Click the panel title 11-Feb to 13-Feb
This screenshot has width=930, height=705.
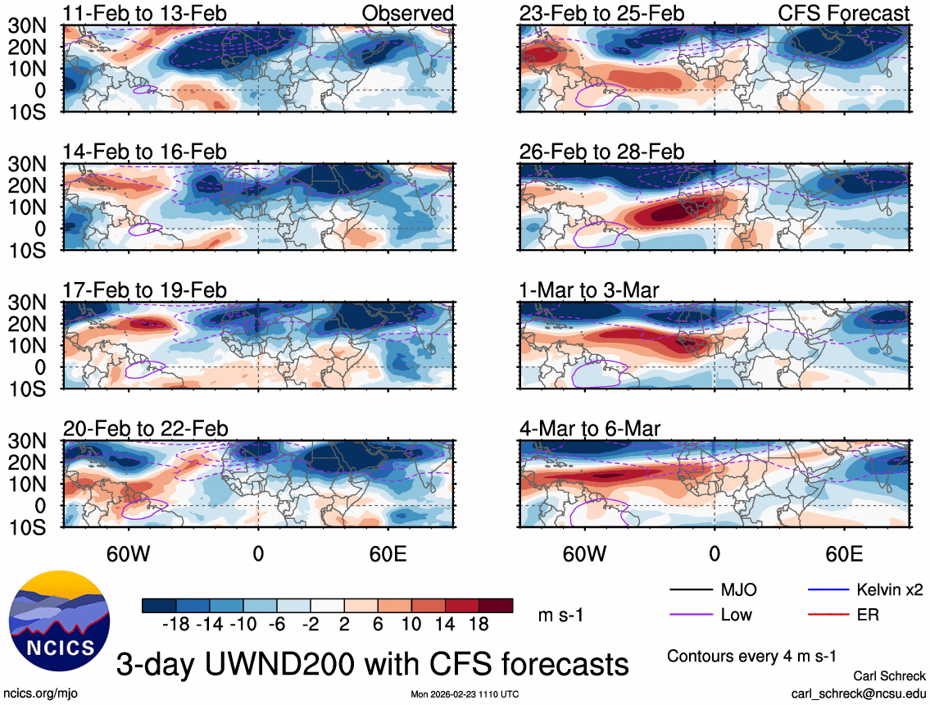click(145, 13)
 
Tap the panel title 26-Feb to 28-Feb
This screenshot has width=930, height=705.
click(601, 152)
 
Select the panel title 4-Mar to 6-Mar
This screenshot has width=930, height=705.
click(590, 429)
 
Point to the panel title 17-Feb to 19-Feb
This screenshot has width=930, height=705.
click(145, 291)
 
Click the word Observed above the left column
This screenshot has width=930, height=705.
click(408, 13)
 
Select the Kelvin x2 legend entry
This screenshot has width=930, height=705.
click(890, 589)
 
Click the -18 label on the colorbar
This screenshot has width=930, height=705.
click(177, 625)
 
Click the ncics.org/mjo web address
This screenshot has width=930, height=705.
click(34, 693)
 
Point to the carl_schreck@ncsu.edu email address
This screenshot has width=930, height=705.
click(859, 693)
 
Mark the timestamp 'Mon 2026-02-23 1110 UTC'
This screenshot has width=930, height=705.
click(465, 694)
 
